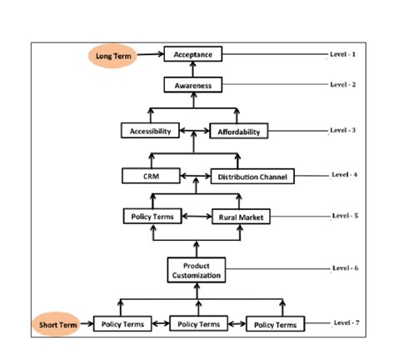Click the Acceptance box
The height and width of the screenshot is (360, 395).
point(193,55)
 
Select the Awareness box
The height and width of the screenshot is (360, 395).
point(193,86)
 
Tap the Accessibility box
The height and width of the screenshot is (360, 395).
point(150,131)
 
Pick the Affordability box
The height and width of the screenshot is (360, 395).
point(239,132)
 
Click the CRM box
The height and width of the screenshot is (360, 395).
point(150,176)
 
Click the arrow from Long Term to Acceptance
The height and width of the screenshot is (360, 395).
point(150,56)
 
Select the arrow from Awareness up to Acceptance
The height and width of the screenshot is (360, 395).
point(193,71)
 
